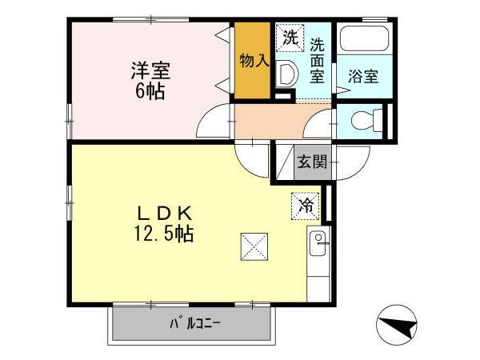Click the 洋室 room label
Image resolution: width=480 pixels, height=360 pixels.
click(150, 69)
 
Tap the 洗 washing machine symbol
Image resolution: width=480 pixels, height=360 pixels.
click(291, 36)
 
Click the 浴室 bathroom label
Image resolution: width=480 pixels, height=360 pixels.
click(364, 77)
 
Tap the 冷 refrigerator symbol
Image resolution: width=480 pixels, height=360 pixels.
click(306, 205)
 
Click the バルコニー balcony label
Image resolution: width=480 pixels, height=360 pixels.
click(194, 324)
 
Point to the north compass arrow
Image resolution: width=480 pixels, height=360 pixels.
click(398, 326)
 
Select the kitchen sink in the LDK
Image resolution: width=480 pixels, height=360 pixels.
click(318, 241)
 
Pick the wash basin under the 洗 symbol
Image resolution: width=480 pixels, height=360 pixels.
click(286, 74)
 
